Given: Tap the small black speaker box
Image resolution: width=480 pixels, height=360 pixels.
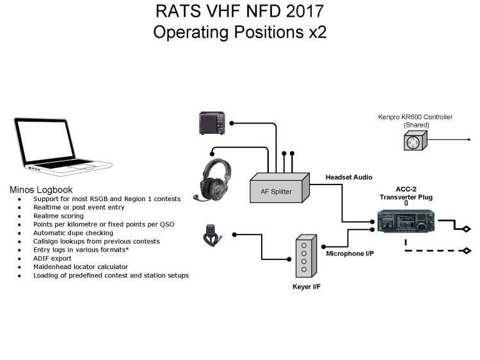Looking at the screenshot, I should tap(212, 123).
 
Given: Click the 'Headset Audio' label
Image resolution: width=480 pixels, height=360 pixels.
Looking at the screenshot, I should tap(349, 177).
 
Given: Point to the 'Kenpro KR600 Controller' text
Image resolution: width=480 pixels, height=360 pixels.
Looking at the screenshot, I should tap(415, 117).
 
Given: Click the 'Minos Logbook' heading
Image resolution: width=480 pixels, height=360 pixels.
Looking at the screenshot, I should tap(41, 190).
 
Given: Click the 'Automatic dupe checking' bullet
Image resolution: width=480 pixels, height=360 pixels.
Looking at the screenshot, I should tap(74, 233).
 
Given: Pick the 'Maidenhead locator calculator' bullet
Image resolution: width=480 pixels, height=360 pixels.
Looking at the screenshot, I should tap(81, 266).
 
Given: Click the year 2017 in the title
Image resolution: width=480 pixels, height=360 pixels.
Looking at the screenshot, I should tap(301, 12).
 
